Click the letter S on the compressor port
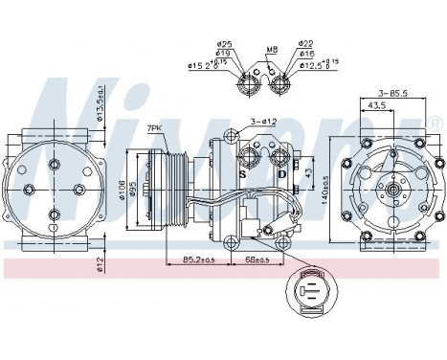243,175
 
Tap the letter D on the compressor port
280,175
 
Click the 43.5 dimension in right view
381,106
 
